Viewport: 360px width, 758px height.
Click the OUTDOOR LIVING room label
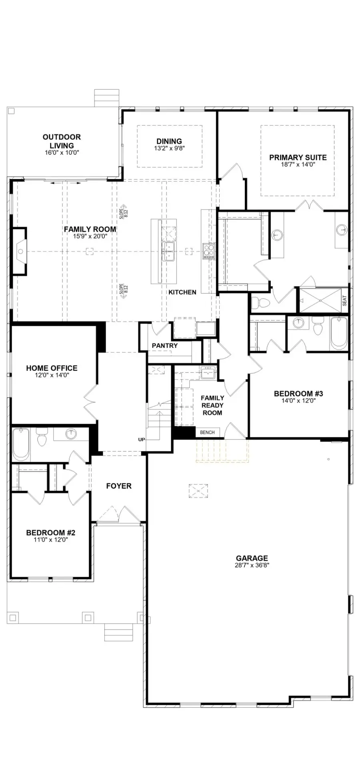coord(62,141)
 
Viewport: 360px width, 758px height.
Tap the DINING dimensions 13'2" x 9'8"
coord(169,148)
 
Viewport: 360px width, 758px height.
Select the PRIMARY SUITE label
coord(298,157)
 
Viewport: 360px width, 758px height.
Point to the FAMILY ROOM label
coord(90,229)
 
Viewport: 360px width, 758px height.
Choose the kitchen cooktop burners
coord(209,251)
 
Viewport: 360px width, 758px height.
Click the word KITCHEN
coord(182,292)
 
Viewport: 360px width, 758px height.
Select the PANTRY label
coord(164,345)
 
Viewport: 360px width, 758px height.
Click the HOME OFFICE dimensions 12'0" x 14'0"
coord(52,375)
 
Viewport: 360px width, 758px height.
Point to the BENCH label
coord(207,432)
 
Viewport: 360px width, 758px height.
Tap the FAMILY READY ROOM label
coord(212,405)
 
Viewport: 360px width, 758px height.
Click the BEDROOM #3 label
coord(298,393)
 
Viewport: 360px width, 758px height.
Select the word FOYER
coord(119,486)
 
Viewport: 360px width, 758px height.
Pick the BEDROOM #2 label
coord(50,533)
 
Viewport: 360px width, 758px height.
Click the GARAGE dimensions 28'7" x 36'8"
coord(252,565)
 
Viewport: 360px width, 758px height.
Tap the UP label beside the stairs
coord(142,440)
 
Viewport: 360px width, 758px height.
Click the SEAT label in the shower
coord(344,301)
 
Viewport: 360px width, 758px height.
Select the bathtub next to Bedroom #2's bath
coord(21,443)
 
